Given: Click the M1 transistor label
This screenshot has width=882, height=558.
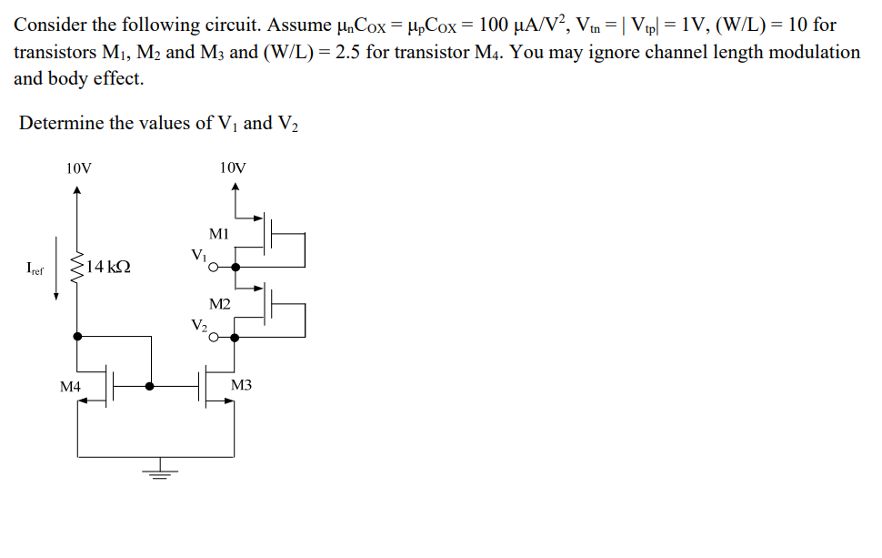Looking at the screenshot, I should click(219, 233).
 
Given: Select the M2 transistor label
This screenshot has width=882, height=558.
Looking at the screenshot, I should click(219, 303).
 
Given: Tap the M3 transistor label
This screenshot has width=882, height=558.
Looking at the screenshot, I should click(242, 386).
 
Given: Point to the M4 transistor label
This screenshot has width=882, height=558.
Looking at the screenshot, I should click(70, 387).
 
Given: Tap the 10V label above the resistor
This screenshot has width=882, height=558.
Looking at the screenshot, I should click(78, 167).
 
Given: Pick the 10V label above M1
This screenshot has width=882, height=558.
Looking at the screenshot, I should click(233, 167).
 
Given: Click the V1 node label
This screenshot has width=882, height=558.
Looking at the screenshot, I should click(198, 256).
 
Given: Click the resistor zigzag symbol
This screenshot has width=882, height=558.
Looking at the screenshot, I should click(77, 267).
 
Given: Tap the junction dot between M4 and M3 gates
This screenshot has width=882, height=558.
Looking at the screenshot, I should click(150, 386).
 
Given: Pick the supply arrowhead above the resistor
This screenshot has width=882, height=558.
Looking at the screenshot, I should click(77, 190).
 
